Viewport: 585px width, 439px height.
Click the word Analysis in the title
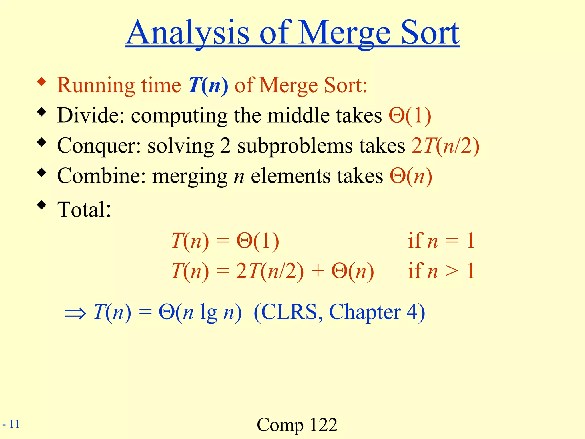tap(188, 34)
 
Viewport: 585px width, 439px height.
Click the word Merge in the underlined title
tap(344, 34)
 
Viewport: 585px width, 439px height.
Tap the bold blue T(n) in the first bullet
tap(208, 85)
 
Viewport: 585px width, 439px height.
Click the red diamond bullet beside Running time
tap(42, 82)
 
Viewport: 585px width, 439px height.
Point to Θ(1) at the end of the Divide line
tap(410, 115)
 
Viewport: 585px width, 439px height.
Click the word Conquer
tap(99, 146)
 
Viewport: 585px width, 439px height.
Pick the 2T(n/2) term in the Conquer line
tap(445, 146)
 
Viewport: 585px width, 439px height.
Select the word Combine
tap(101, 176)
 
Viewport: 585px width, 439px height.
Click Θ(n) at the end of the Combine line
tap(411, 176)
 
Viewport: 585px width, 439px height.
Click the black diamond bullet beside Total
tap(42, 205)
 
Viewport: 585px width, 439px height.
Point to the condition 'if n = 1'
tap(441, 241)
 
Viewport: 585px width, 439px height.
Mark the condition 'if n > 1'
tap(441, 271)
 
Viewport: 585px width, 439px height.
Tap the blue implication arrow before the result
tap(75, 313)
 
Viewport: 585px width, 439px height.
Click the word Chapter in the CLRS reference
tap(365, 312)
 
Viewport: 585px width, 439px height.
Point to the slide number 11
tap(14, 424)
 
